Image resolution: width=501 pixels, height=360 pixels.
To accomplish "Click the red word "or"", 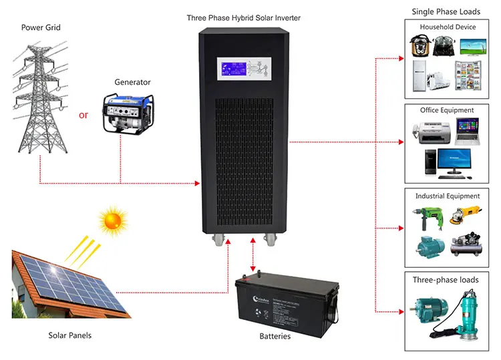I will [83, 115].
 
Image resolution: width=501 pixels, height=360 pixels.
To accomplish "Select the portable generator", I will [127, 114].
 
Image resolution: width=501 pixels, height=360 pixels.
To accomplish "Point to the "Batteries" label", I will [275, 336].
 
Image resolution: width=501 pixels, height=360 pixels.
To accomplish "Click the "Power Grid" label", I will [40, 28].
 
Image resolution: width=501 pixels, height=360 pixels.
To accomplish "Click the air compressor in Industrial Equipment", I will [466, 246].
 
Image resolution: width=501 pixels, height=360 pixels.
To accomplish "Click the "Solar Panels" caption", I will [70, 335].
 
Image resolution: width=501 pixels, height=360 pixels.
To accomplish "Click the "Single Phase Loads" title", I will [446, 11].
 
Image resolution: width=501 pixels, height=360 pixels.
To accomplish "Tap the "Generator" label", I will [132, 82].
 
